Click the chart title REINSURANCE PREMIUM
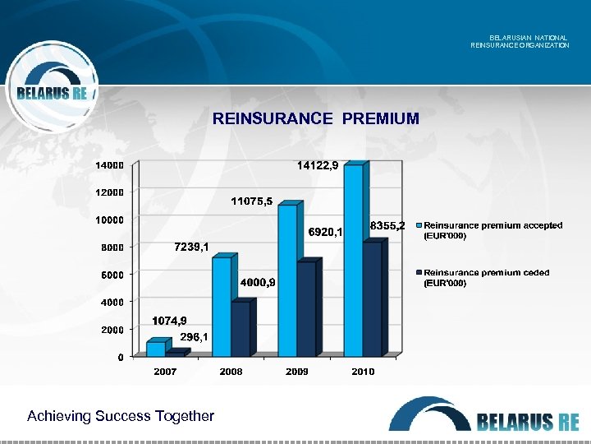(x=316, y=119)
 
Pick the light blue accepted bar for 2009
(x=287, y=280)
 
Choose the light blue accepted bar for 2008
(x=222, y=306)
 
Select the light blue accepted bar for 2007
(x=155, y=349)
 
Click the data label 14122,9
(x=318, y=165)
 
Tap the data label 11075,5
(x=252, y=201)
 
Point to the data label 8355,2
(x=387, y=225)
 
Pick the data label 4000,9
(x=258, y=283)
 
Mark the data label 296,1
(x=195, y=336)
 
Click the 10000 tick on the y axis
(x=109, y=220)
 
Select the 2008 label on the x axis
(x=231, y=372)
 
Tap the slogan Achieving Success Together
(x=121, y=416)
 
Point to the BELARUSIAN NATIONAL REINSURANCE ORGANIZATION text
(x=520, y=41)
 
